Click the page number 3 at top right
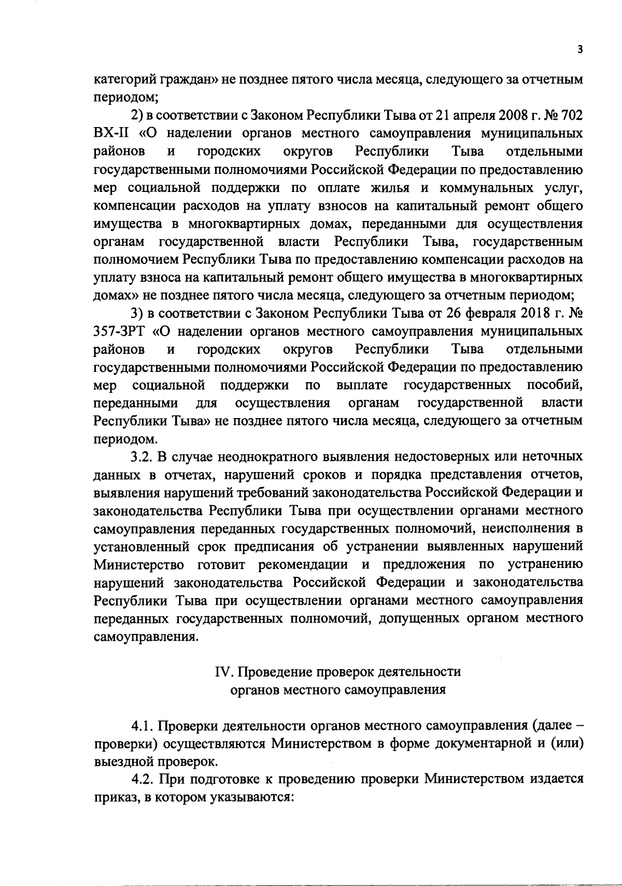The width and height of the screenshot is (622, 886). [x=580, y=49]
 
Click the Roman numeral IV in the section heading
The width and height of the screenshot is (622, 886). [x=221, y=672]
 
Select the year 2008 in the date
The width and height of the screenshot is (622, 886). [x=497, y=115]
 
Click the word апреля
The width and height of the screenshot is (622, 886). [x=453, y=115]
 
